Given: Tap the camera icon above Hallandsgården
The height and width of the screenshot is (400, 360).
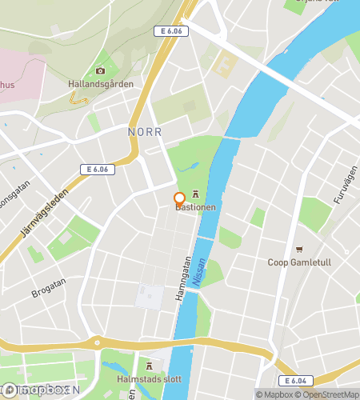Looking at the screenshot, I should click(100, 71).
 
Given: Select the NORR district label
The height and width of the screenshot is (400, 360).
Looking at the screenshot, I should click(145, 131).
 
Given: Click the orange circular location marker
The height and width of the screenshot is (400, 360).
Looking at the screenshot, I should click(179, 198).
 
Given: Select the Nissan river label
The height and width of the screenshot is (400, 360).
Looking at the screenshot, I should click(201, 270).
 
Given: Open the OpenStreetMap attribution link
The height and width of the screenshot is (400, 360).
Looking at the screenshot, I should click(327, 394).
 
